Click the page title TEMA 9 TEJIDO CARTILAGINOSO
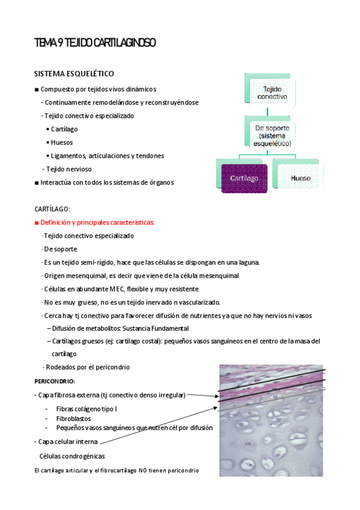[96, 43]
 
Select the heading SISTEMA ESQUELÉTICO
[75, 74]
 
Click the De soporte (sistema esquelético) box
[272, 136]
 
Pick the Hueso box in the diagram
[301, 178]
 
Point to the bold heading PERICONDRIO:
[55, 381]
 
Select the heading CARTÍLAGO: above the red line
[53, 209]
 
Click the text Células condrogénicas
[72, 456]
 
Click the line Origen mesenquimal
[141, 275]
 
